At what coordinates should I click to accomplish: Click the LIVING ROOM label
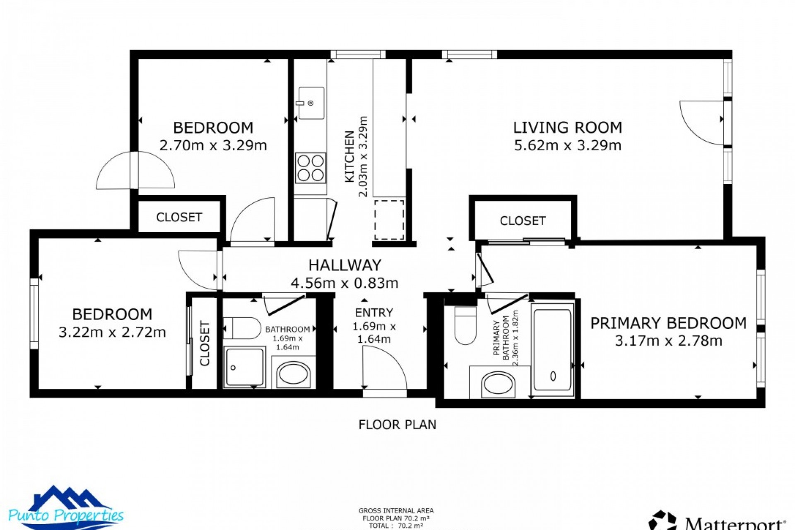567,128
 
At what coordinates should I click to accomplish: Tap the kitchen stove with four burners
311,168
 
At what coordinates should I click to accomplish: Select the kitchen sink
311,103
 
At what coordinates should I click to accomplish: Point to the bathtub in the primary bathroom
552,348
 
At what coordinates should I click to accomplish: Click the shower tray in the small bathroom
245,367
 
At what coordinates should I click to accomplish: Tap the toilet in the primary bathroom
465,325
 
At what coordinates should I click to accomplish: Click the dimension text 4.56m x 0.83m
344,283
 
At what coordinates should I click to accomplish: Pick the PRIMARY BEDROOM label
668,323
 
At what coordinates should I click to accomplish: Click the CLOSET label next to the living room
523,221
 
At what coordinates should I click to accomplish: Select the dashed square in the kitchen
389,220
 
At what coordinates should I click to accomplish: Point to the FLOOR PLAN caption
397,425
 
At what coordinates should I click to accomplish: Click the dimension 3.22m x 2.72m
112,332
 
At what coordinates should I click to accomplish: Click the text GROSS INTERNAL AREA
396,511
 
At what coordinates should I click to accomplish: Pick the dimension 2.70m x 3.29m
213,146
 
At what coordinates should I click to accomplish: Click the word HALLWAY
344,265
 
